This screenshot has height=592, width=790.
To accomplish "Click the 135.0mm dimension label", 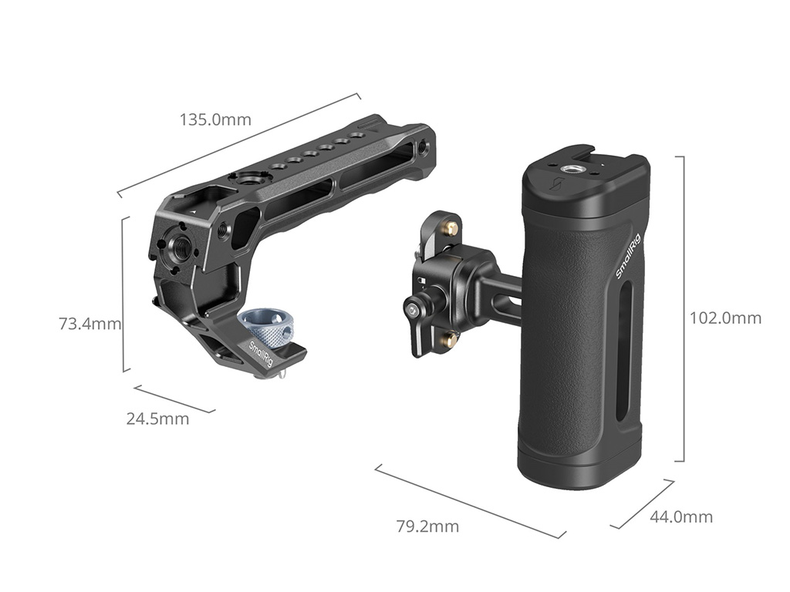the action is [215, 119].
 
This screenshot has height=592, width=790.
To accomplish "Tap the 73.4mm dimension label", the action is [90, 323].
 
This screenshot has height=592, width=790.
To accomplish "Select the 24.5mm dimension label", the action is [157, 419].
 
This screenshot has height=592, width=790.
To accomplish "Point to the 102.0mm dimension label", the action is [725, 318].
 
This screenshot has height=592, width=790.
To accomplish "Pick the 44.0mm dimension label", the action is [681, 516].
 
